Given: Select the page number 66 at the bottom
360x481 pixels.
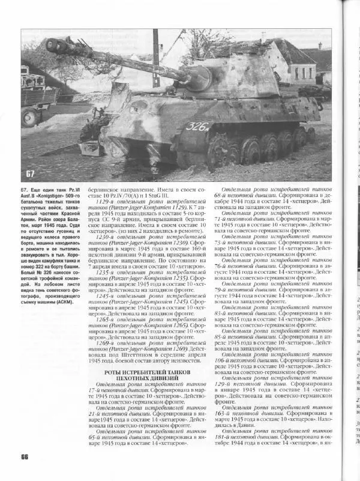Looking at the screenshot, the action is (25, 456).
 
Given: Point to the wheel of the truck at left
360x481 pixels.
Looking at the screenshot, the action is (31, 116).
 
